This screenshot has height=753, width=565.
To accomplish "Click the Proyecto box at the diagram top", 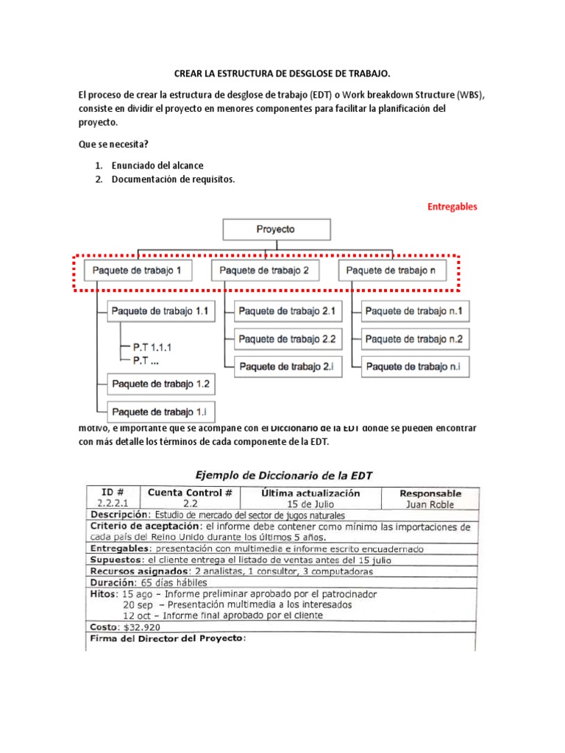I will (275, 229).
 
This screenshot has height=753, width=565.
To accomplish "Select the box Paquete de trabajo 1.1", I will (160, 312).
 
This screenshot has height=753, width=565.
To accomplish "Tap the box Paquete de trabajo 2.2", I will (288, 339).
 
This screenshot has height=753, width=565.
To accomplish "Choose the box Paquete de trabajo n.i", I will (415, 366).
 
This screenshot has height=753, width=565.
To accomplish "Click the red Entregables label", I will (452, 207).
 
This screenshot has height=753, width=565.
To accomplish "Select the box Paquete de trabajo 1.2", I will (160, 384).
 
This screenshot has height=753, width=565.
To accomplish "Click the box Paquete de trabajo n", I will (396, 271).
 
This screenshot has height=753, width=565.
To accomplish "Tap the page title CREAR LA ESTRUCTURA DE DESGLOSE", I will (282, 74).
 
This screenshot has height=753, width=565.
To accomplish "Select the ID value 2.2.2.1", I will (112, 504).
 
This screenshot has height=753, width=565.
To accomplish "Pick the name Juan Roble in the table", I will (430, 504).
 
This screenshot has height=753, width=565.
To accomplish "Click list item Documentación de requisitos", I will (173, 179).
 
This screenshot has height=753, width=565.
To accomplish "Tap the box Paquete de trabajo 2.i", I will (288, 366).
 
